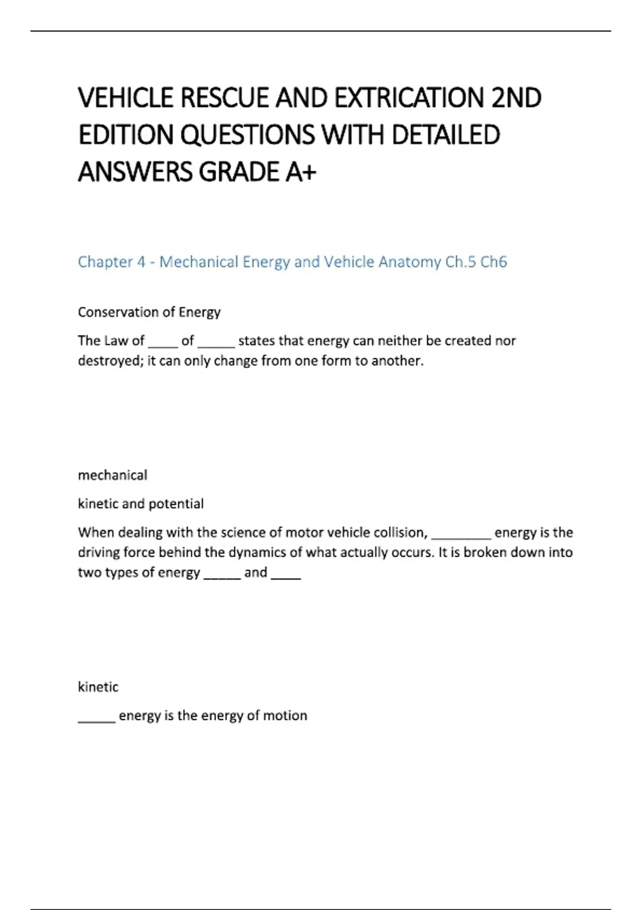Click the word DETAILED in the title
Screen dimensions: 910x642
pos(446,135)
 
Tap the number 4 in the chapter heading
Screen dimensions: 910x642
pos(141,262)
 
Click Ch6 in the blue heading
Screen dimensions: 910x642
pos(493,262)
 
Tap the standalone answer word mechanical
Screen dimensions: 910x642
pos(112,475)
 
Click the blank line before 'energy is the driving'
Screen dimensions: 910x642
pos(461,536)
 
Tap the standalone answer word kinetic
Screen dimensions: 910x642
pos(98,687)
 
